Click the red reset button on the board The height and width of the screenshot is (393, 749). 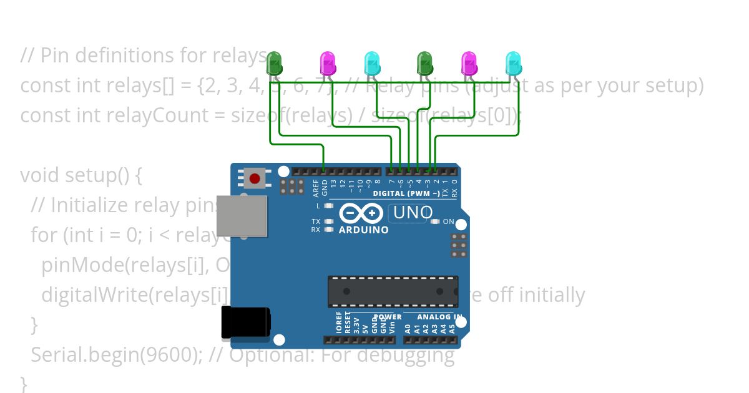pyautogui.click(x=254, y=179)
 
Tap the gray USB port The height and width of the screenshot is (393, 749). pyautogui.click(x=242, y=216)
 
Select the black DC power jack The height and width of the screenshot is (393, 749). pyautogui.click(x=246, y=323)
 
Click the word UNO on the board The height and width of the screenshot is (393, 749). pyautogui.click(x=413, y=213)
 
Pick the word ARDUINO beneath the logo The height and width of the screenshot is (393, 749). pyautogui.click(x=363, y=230)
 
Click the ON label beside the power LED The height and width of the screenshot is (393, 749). pyautogui.click(x=448, y=221)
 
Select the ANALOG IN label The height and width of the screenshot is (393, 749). pyautogui.click(x=439, y=317)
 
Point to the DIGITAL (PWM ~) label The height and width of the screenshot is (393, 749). pyautogui.click(x=406, y=193)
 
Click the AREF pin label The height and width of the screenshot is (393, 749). pyautogui.click(x=316, y=186)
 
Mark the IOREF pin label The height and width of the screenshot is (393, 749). pyautogui.click(x=339, y=323)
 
